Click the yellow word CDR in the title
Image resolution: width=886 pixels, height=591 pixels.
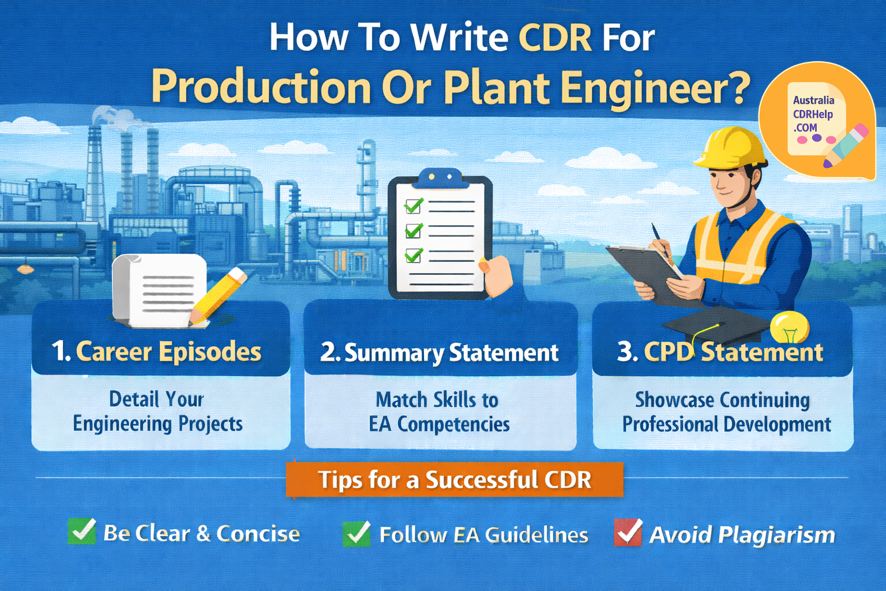click(555, 38)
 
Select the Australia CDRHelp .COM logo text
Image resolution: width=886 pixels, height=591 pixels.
click(813, 114)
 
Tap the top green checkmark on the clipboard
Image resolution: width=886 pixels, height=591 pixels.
click(414, 205)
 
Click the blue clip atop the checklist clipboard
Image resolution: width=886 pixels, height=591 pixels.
click(440, 177)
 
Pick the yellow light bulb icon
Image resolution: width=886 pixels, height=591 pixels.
click(789, 327)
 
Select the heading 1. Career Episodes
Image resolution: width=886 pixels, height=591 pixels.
click(157, 351)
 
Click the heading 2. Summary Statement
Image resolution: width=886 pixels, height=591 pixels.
click(440, 353)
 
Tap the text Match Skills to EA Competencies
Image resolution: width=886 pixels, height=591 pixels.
click(438, 412)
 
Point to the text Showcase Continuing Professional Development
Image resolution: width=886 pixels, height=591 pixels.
click(725, 412)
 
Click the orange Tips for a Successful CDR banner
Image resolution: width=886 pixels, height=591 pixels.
click(455, 480)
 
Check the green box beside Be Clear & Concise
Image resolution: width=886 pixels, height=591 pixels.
click(82, 532)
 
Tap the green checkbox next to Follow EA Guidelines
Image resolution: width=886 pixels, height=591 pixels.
click(357, 533)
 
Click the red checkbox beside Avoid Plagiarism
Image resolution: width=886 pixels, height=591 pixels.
click(628, 533)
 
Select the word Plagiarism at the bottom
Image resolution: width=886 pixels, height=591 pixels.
click(776, 535)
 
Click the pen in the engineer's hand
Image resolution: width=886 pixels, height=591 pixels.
click(661, 241)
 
